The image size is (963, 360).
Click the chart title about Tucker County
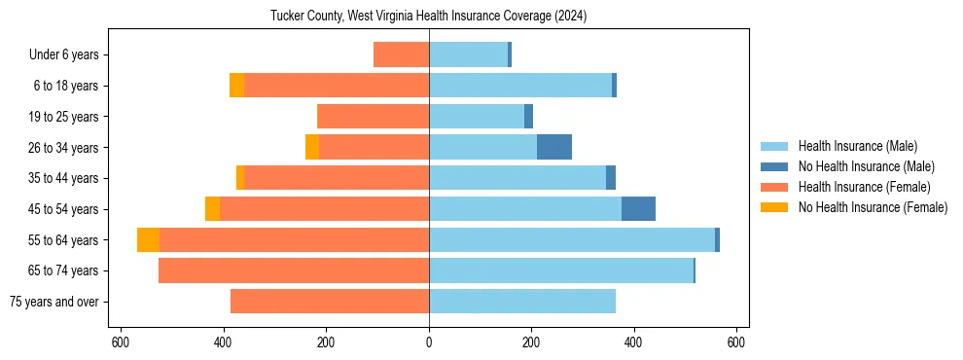pyautogui.click(x=429, y=17)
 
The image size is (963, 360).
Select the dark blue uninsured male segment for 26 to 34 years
pyautogui.click(x=554, y=147)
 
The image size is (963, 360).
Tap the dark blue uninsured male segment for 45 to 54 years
pyautogui.click(x=638, y=209)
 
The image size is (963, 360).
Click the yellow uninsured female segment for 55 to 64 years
pyautogui.click(x=148, y=240)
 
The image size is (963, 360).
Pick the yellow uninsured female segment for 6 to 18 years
pyautogui.click(x=236, y=86)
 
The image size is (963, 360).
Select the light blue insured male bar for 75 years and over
pyautogui.click(x=522, y=302)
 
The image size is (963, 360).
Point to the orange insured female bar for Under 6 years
pyautogui.click(x=401, y=54)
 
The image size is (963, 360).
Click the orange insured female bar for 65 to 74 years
pyautogui.click(x=294, y=270)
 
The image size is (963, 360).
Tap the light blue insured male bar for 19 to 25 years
pyautogui.click(x=477, y=117)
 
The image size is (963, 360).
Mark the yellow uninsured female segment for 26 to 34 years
pyautogui.click(x=312, y=147)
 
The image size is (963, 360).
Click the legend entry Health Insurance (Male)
pyautogui.click(x=857, y=146)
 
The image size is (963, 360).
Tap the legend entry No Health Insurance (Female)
pyautogui.click(x=872, y=207)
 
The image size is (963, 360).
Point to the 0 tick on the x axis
pyautogui.click(x=429, y=342)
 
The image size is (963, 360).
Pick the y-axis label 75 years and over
pyautogui.click(x=53, y=302)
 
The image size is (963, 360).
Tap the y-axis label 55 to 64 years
pyautogui.click(x=64, y=240)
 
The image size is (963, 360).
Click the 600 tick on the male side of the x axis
pyautogui.click(x=736, y=342)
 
